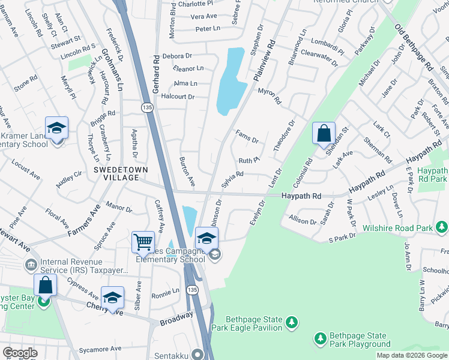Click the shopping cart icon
[x=143, y=242]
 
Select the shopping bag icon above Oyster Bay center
[x=45, y=284]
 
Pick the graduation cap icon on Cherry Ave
[x=112, y=297]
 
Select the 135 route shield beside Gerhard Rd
[x=146, y=107]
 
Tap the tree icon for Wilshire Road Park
[x=442, y=227]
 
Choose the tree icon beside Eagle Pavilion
[x=292, y=323]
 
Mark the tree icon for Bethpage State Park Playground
[x=320, y=340]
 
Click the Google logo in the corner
[x=20, y=353]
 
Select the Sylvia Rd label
[x=232, y=179]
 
